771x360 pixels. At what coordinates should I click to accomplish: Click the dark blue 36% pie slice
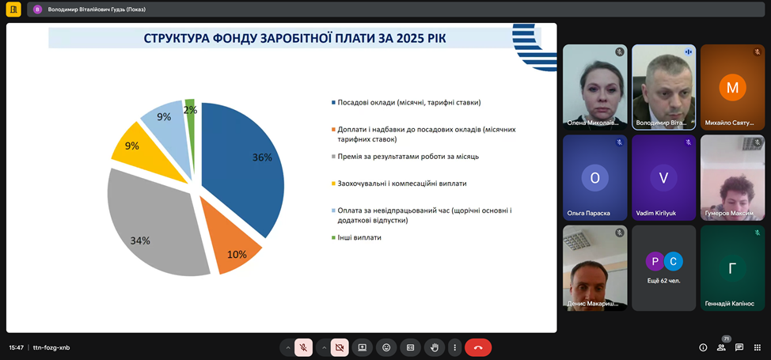coord(246,162)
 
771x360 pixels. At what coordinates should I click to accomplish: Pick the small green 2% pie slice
coord(190,111)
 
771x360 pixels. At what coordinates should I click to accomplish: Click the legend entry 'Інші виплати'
coord(357,237)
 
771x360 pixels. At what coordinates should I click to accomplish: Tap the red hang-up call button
coord(478,347)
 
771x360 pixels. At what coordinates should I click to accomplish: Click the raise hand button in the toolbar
coord(434,347)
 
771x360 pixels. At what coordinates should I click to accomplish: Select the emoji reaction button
coord(386,347)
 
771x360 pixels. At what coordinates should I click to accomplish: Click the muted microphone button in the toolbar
coord(303,347)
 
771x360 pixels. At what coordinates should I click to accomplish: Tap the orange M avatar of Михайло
coord(733,88)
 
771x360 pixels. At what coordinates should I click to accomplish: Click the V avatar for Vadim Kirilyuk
coord(663,177)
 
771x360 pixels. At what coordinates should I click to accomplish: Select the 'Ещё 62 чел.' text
coord(664,281)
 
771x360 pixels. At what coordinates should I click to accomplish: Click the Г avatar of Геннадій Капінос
coord(733,268)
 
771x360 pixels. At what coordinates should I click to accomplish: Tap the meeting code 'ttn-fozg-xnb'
coord(51,347)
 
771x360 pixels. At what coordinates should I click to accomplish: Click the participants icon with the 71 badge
coord(721,347)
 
